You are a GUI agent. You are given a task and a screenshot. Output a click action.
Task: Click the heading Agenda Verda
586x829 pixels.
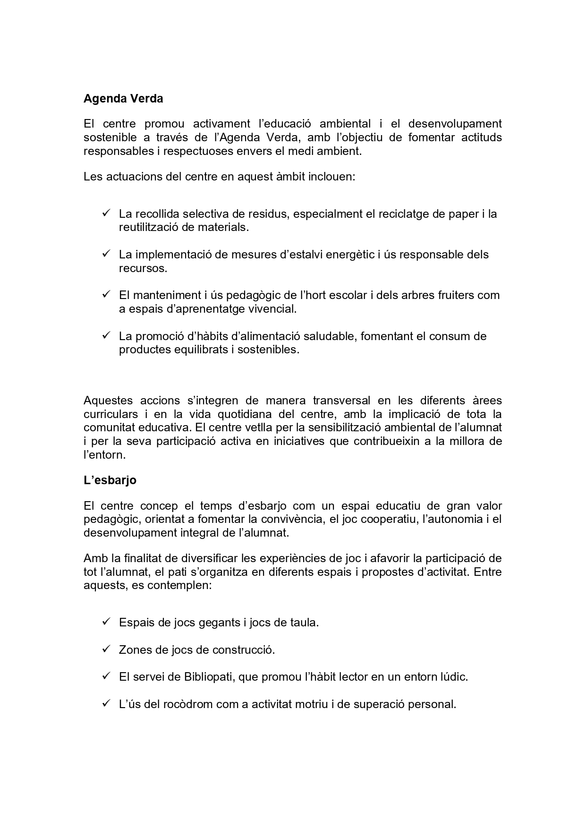pos(123,99)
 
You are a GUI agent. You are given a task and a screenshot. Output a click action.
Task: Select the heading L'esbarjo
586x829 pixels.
pos(110,480)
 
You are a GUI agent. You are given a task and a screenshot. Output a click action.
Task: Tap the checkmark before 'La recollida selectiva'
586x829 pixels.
pos(106,213)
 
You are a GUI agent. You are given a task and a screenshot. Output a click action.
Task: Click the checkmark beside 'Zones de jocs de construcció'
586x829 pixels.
pos(106,649)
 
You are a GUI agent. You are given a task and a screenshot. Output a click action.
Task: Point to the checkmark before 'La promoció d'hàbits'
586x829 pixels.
pos(106,335)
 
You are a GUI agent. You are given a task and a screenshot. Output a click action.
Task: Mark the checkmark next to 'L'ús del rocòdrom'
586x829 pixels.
pos(106,703)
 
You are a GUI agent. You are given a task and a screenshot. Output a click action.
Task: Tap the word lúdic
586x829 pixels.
pos(452,677)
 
